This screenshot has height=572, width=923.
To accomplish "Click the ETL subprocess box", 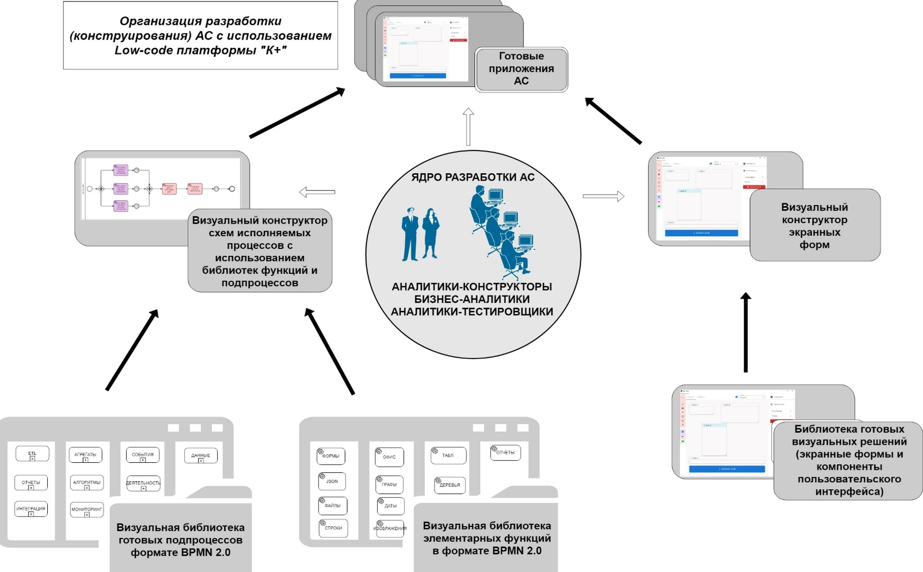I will click(32, 453).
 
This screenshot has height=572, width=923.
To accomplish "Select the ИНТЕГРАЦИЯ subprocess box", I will click(31, 509).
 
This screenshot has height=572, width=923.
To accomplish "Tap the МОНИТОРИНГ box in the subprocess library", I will click(86, 509).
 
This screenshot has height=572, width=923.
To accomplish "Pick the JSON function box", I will click(332, 481).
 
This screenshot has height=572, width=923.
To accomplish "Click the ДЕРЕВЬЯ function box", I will click(449, 485).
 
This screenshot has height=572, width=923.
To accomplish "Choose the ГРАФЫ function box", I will click(389, 485).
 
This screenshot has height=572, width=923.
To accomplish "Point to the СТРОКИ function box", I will click(333, 528).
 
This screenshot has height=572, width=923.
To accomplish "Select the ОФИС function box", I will click(389, 457).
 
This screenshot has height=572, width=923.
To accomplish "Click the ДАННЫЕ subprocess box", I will click(201, 455).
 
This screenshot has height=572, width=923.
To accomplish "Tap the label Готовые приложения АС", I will click(521, 69).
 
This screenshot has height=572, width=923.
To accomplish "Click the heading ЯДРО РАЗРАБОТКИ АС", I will click(473, 177).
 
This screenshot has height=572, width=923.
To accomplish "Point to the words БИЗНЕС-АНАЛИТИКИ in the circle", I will click(472, 299).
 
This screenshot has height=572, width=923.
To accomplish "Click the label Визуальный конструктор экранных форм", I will click(814, 226).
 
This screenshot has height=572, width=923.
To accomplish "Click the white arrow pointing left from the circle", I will click(317, 192).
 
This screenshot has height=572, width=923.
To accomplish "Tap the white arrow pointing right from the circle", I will click(603, 196).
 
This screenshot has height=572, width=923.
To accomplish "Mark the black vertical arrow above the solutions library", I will click(746, 332).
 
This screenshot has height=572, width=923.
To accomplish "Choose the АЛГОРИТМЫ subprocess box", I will click(86, 483).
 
